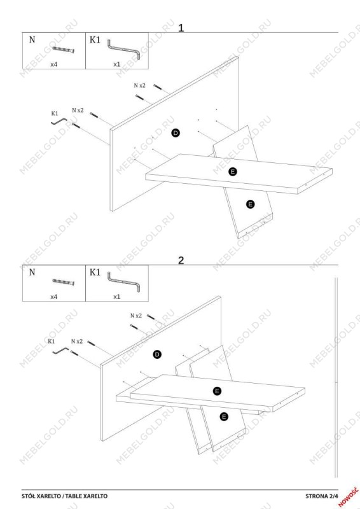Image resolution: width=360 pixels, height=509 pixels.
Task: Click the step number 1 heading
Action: click(x=181, y=27)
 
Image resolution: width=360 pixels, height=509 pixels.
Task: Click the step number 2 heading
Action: click(x=181, y=260)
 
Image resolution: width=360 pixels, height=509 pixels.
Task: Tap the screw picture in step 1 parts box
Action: click(x=64, y=50)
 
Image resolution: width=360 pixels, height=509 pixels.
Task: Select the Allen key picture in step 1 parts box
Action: click(x=123, y=50)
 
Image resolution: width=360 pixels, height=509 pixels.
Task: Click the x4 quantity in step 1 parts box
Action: click(x=54, y=64)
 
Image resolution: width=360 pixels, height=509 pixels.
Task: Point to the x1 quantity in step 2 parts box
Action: click(x=117, y=296)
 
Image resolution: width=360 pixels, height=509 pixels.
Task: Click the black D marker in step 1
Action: click(x=176, y=133)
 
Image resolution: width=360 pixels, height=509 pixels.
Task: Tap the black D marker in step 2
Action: click(x=157, y=354)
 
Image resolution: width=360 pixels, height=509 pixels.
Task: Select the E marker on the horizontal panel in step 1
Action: click(x=232, y=172)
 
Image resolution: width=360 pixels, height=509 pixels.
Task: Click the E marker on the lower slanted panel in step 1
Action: click(x=250, y=204)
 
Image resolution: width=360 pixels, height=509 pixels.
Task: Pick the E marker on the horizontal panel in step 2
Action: click(x=217, y=391)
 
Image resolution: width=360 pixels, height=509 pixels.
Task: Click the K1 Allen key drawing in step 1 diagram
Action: click(x=59, y=122)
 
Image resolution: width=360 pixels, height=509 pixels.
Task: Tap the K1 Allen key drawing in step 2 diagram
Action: click(x=60, y=351)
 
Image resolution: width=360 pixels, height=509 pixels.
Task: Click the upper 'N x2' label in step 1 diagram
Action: click(x=139, y=86)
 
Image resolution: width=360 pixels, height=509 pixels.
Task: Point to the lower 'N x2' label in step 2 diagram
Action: click(x=77, y=342)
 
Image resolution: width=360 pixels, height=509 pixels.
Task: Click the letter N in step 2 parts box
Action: click(x=32, y=272)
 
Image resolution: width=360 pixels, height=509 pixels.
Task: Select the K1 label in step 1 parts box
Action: click(x=95, y=39)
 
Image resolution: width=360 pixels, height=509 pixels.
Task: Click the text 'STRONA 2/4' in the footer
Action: click(x=321, y=496)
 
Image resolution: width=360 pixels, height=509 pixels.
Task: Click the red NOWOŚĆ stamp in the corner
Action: click(x=349, y=497)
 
